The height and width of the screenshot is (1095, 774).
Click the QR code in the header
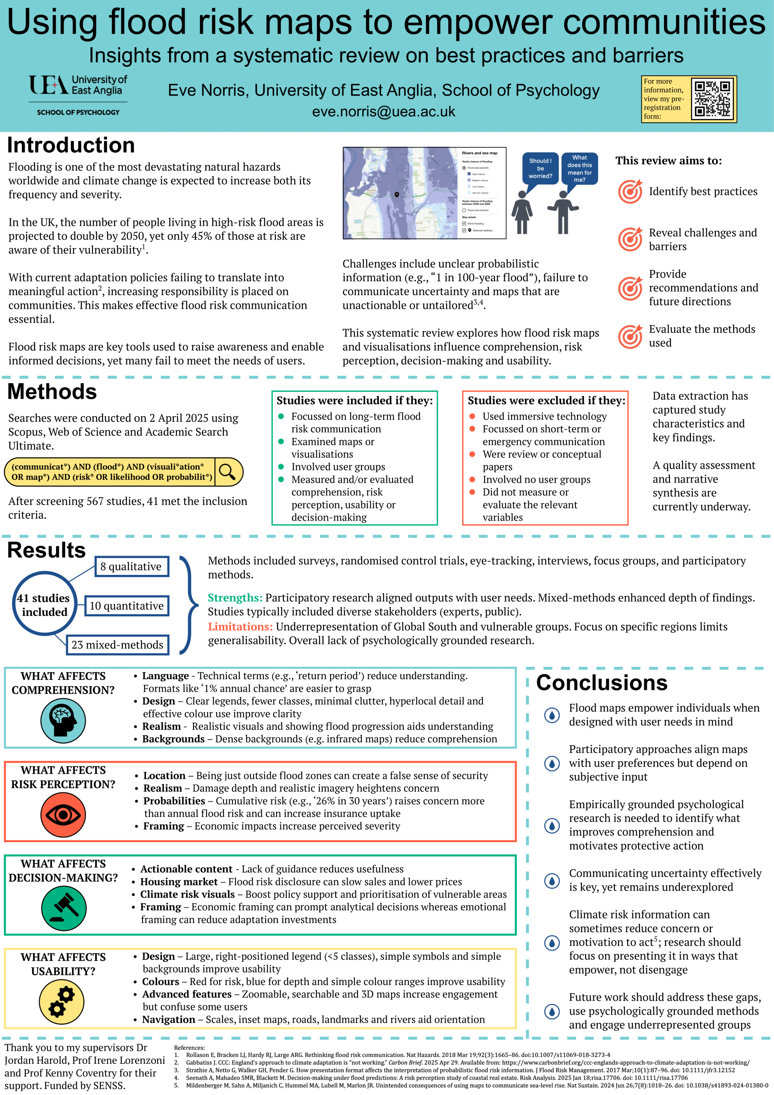(x=712, y=99)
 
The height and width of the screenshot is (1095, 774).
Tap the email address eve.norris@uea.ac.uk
(x=384, y=112)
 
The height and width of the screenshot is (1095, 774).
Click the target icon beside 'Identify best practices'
(x=630, y=192)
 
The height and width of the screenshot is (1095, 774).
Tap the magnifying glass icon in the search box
(x=227, y=472)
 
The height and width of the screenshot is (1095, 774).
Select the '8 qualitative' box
(x=131, y=567)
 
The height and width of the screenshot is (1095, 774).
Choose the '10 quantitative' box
(x=126, y=606)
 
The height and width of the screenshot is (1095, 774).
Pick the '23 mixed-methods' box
(x=117, y=645)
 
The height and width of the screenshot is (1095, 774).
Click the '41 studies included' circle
(x=44, y=604)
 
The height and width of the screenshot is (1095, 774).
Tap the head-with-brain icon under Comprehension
(x=63, y=720)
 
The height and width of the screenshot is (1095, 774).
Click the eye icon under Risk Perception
(x=63, y=814)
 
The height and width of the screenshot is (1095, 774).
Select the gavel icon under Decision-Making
(x=63, y=908)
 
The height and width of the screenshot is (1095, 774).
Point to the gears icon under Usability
(x=62, y=1001)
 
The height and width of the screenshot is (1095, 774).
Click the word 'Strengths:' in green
(x=235, y=598)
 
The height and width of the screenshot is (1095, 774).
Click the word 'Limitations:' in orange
(x=240, y=627)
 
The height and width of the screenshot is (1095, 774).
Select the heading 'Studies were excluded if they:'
(x=546, y=401)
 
